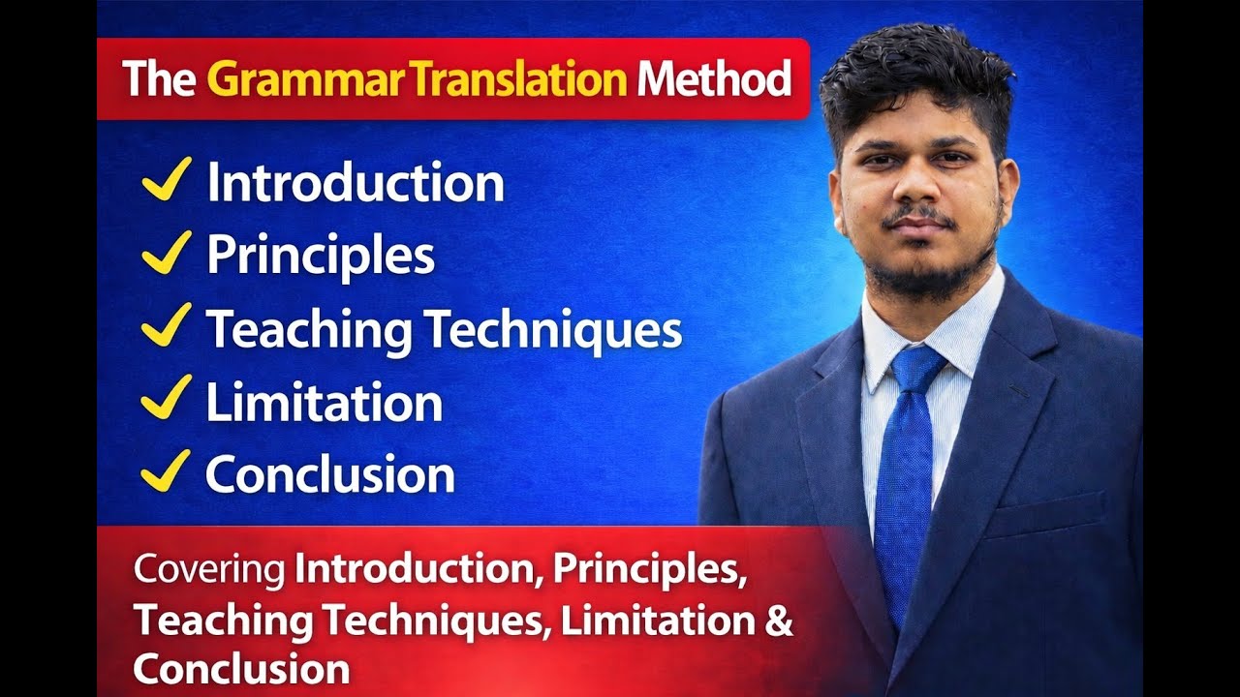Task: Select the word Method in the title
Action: [713, 80]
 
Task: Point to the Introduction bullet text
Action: [355, 183]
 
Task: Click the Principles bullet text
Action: [320, 256]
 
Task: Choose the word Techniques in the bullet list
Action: [555, 330]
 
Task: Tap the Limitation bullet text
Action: [324, 402]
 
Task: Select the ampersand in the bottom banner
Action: [779, 621]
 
